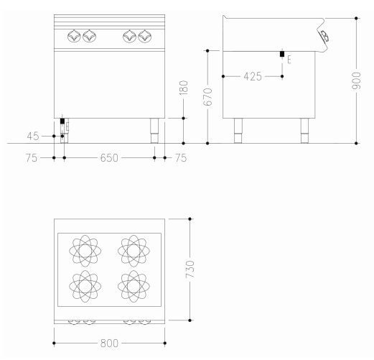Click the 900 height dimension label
pos(356,81)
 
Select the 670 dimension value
pos(207,97)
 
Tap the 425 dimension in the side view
pos(253,77)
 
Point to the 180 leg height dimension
pos(184,88)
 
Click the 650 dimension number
pos(109,158)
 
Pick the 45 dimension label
pos(33,137)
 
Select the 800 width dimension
pos(109,343)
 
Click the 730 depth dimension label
pos(190,269)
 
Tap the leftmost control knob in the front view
pos(75,36)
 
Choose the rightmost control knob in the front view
pos(145,36)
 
